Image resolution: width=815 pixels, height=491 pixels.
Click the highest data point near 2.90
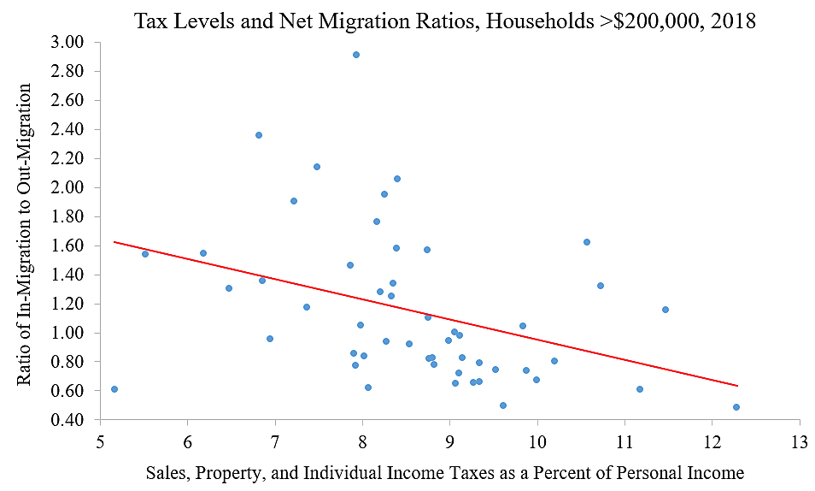coord(356,55)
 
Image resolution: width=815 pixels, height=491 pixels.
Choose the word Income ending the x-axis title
coord(715,472)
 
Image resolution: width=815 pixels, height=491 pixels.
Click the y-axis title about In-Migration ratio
coord(26,234)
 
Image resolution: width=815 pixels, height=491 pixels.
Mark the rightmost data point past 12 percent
coord(736,407)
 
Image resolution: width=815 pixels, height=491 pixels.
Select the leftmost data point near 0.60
coord(114,389)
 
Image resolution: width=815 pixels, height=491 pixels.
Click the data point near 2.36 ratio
coord(259,135)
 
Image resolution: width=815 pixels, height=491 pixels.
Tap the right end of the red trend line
coord(736,386)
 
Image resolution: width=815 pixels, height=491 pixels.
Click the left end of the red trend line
coord(114,242)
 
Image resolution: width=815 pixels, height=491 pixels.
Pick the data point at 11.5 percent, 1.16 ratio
coord(665,310)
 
